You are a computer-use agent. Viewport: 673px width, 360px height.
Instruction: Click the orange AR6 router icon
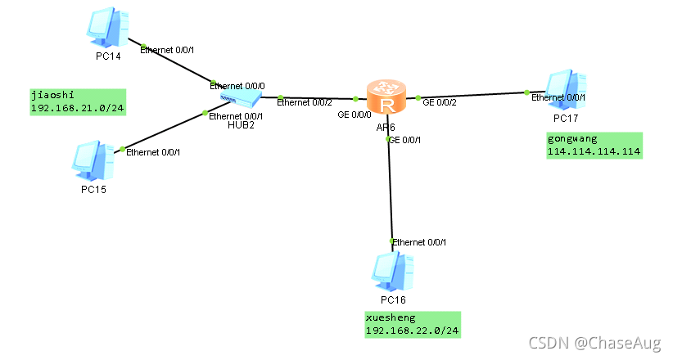[386, 97]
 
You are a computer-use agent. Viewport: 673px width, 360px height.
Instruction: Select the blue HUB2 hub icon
[240, 100]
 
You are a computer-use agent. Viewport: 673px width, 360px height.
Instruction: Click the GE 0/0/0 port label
[355, 115]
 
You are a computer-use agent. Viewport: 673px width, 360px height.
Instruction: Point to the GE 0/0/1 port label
[405, 140]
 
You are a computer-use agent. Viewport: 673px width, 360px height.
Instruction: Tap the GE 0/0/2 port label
[440, 102]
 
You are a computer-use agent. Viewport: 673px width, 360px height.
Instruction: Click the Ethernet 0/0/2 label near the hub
[305, 102]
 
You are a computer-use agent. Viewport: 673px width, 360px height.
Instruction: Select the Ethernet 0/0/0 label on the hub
[237, 85]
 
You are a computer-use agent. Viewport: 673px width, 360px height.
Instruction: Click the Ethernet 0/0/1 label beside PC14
[168, 50]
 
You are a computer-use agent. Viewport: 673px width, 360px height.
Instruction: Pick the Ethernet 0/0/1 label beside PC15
[152, 152]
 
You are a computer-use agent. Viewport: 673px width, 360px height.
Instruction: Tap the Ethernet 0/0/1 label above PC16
[419, 242]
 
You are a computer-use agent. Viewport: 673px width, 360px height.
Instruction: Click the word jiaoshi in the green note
[47, 95]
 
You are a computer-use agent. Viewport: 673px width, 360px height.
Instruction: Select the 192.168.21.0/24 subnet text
[70, 108]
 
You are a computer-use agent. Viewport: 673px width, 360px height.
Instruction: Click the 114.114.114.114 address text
[594, 151]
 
